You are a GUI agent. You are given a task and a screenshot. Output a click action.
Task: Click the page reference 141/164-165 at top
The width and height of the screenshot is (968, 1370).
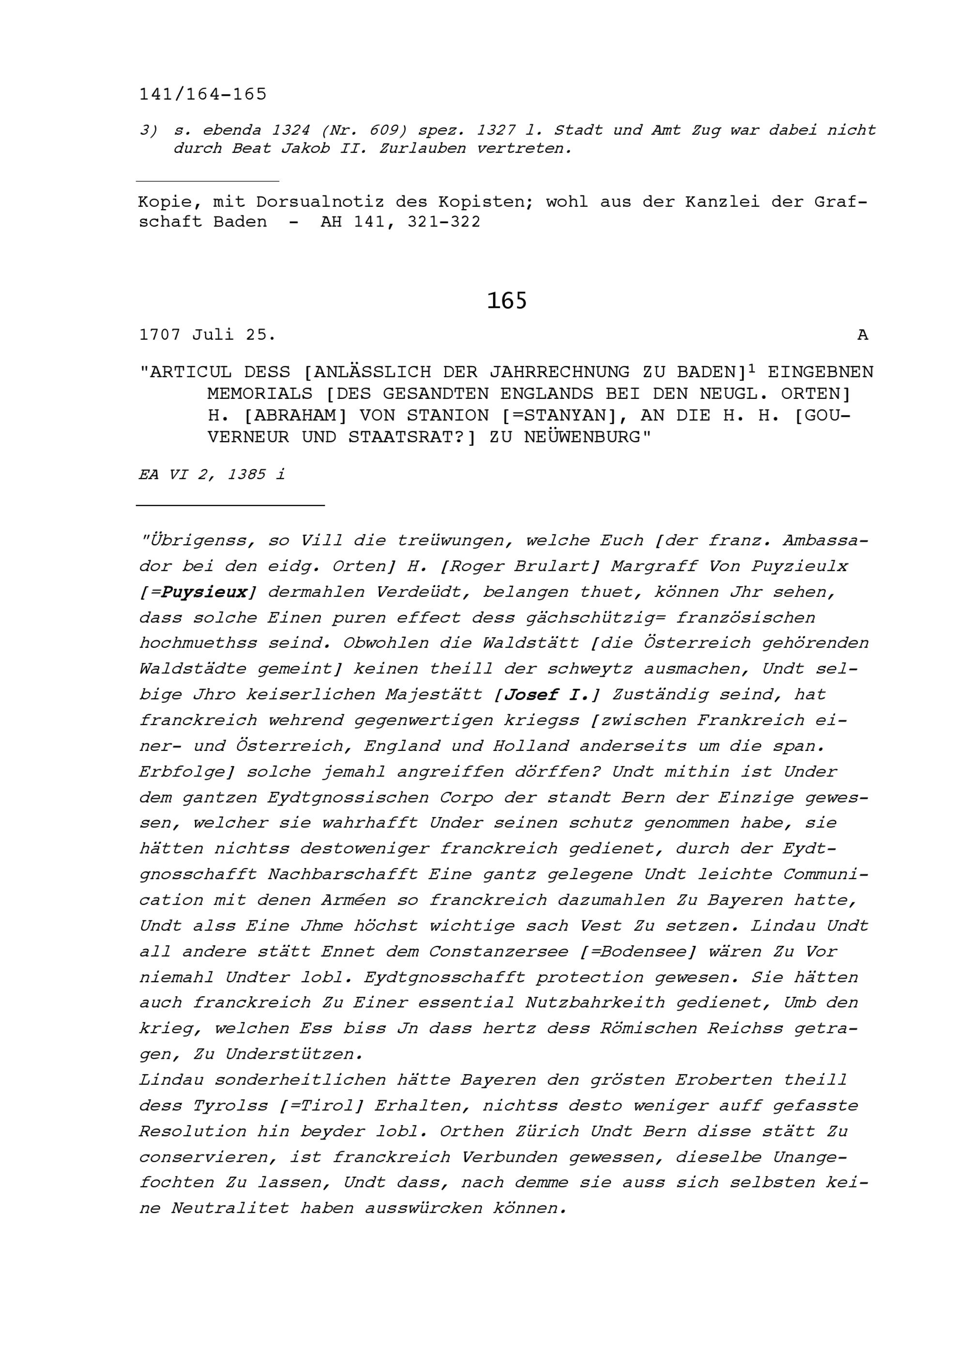point(203,94)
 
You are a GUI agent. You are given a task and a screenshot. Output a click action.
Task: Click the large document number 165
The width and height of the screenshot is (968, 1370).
point(506,301)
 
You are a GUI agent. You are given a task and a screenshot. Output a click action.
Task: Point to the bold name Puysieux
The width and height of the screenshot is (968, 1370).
point(205,593)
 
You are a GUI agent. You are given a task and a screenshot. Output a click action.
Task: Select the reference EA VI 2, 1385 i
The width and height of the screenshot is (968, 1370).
point(212,475)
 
